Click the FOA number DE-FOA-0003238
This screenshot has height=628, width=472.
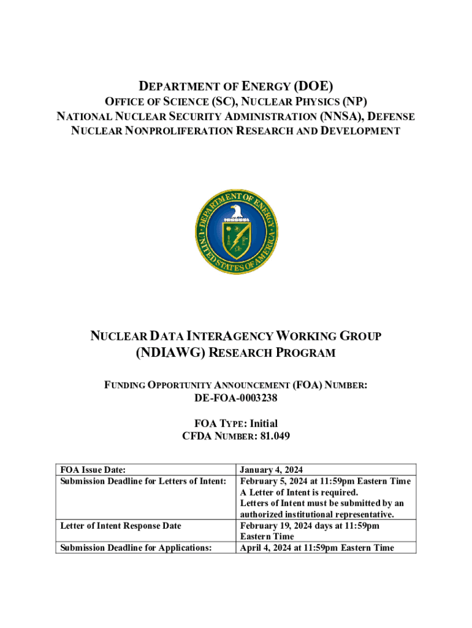pos(236,398)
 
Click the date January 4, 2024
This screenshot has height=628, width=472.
pos(272,470)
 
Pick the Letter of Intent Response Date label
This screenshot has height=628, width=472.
pos(121,526)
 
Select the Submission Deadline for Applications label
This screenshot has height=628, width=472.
pos(135,548)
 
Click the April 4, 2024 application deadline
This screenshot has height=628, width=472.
pos(317,548)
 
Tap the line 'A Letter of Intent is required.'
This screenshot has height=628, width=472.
pos(299,492)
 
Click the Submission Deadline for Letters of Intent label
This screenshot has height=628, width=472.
pos(143,481)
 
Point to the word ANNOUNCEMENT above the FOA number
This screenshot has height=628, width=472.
pos(251,385)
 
